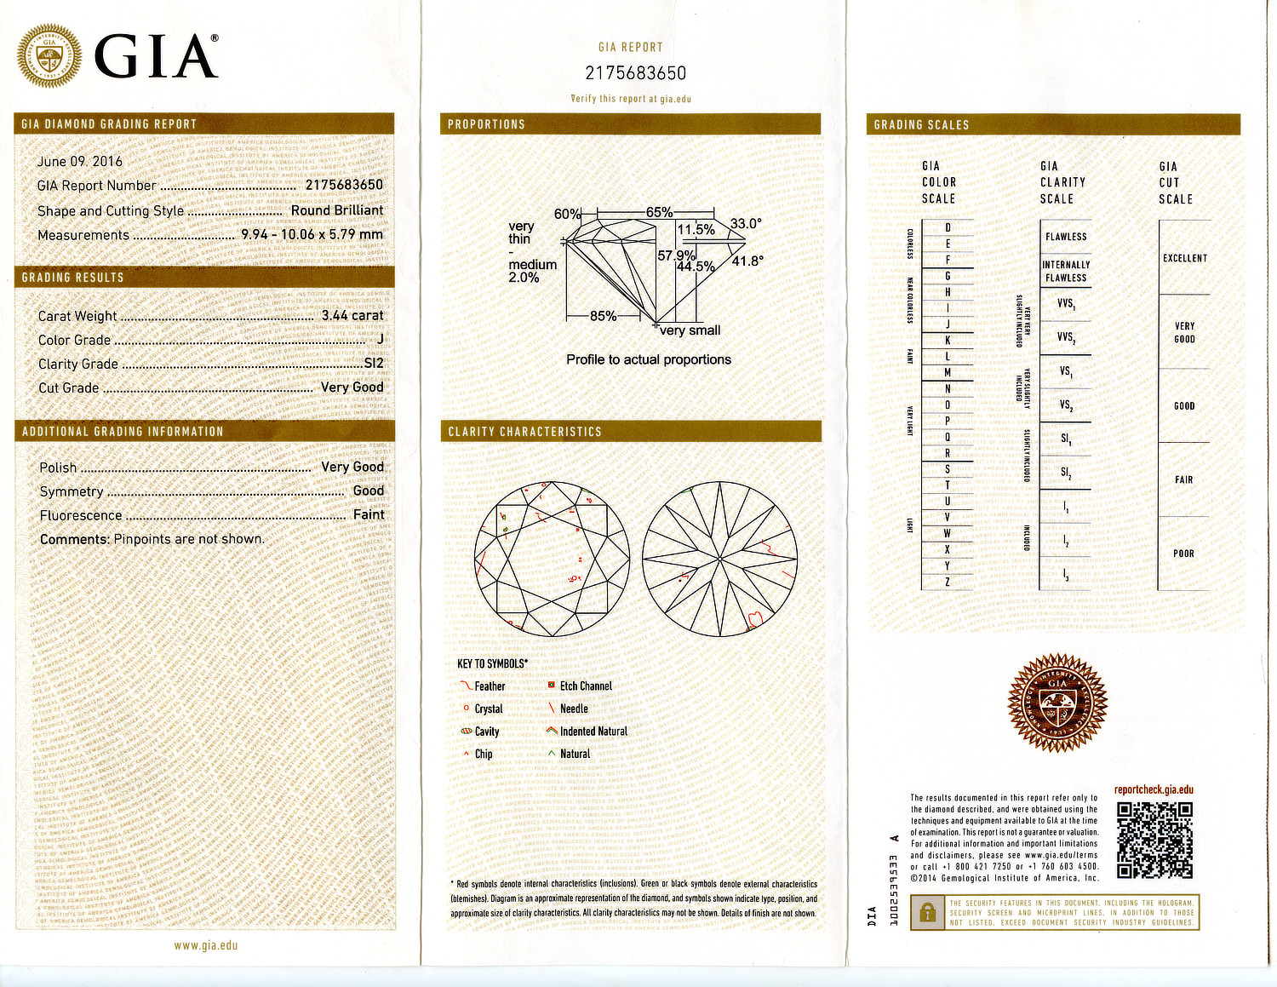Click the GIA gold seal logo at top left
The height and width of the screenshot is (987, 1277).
pos(49,56)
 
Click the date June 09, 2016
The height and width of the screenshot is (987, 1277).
pos(80,161)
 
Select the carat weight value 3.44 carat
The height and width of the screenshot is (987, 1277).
pos(352,315)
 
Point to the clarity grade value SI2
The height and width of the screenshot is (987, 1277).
pos(374,363)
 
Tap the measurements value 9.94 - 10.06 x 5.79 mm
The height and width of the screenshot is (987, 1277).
pos(312,234)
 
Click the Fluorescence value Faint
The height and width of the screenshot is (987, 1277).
pos(369,514)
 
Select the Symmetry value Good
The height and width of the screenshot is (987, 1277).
pos(368,491)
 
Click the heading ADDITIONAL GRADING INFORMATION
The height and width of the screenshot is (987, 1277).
pos(123,432)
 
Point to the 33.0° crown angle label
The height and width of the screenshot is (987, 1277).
pos(746,224)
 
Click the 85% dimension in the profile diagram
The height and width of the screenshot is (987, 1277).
pos(603,316)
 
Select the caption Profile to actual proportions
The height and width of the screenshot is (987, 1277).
pos(649,359)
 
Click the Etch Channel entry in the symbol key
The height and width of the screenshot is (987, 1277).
pos(585,686)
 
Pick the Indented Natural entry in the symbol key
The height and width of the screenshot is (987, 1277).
pos(593,731)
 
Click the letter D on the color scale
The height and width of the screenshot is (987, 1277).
pos(948,228)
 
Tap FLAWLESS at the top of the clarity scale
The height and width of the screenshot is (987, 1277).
pos(1066,237)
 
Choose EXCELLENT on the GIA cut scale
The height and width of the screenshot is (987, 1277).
pos(1185,258)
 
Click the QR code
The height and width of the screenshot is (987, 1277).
pos(1154,840)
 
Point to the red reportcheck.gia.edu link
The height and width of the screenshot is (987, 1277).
pos(1154,789)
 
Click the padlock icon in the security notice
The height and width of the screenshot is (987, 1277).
pos(925,913)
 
